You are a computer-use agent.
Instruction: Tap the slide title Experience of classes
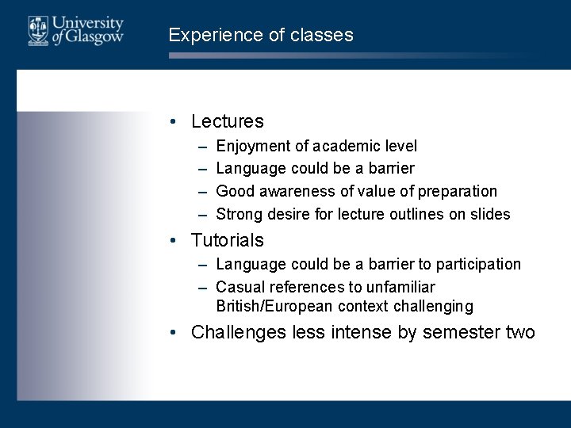pyautogui.click(x=261, y=36)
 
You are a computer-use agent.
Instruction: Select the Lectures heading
pyautogui.click(x=228, y=122)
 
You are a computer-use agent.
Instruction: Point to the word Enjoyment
pyautogui.click(x=253, y=147)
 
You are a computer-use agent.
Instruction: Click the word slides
pyautogui.click(x=492, y=214)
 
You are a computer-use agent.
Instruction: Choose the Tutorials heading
pyautogui.click(x=228, y=240)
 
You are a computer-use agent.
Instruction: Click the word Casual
pyautogui.click(x=240, y=287)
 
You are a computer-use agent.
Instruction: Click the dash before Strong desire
pyautogui.click(x=203, y=215)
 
